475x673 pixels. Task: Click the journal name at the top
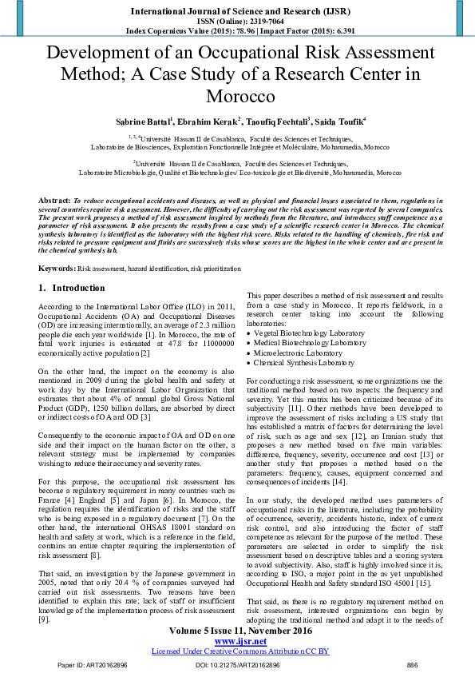tap(236, 10)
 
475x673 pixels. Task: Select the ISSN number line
tap(237, 22)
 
